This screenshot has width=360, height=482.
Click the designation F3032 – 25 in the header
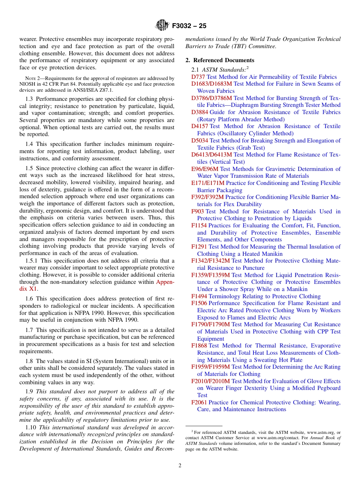189,26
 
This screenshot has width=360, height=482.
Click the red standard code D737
198,77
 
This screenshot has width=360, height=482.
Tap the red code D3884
200,112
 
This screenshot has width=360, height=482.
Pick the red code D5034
200,141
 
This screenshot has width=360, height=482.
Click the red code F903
197,211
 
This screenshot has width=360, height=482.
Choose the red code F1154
199,225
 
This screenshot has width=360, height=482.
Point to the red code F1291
199,247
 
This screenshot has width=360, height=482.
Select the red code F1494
199,296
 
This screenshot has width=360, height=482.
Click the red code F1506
199,303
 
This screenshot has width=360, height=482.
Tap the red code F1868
199,346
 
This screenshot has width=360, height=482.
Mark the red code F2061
199,402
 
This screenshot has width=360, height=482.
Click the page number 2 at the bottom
180,466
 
